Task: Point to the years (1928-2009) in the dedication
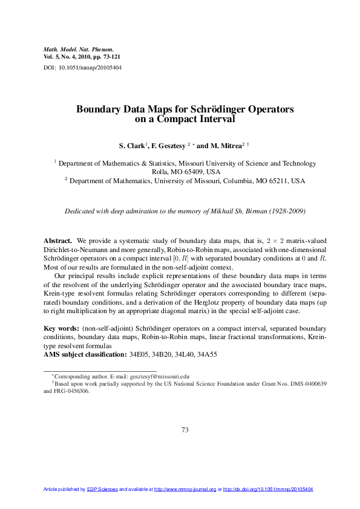point(283,212)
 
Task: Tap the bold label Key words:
point(62,328)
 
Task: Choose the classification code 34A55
point(210,354)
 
